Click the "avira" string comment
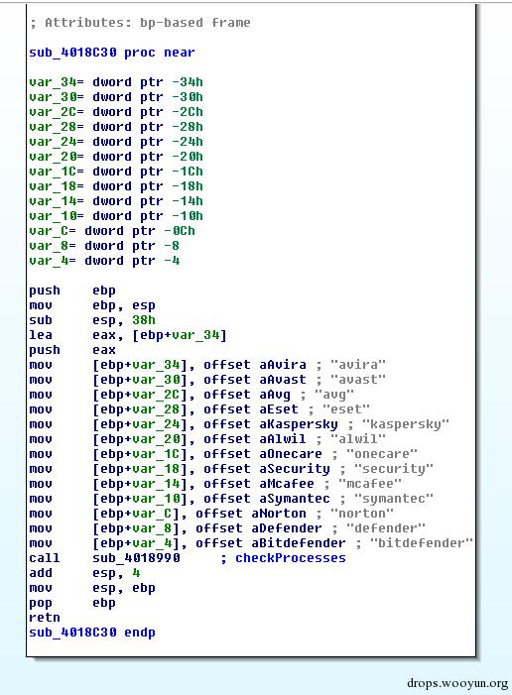[358, 365]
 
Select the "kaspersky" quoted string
[406, 424]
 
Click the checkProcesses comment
[290, 558]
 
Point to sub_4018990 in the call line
[136, 558]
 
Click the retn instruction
[45, 618]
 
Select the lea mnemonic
[41, 335]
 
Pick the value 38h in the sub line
[144, 320]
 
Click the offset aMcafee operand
[259, 484]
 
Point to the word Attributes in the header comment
[84, 23]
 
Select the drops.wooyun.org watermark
[457, 683]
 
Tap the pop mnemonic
[41, 603]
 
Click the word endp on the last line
[140, 633]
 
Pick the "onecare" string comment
[382, 454]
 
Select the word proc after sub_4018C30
[140, 53]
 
